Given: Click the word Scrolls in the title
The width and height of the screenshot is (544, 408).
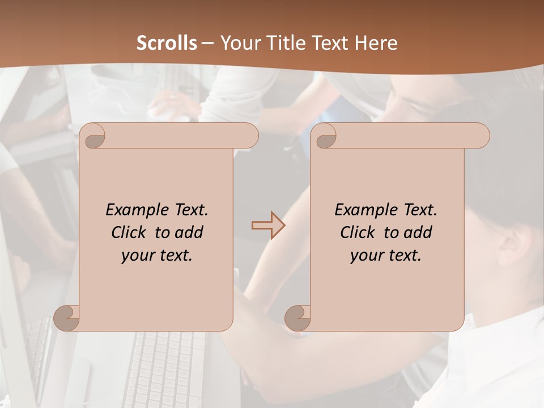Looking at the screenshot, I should coord(167,43).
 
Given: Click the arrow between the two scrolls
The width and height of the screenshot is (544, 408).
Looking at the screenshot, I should coord(268,226).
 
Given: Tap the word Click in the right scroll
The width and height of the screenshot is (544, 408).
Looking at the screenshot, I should coord(358,232).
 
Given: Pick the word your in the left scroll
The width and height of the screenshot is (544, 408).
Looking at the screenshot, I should coord(137,255).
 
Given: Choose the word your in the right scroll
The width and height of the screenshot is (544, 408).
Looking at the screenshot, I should coord(365,255).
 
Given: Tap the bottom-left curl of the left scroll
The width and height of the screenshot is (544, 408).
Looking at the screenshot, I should coord(67,317).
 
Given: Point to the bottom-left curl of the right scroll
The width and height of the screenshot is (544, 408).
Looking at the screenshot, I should coord(297,317).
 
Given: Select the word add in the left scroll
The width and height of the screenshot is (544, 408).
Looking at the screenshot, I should coord(189,232).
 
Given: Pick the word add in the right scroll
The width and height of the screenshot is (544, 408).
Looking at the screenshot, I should coord(418,232).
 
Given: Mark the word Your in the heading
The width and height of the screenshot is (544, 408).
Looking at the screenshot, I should coord(237,43).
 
